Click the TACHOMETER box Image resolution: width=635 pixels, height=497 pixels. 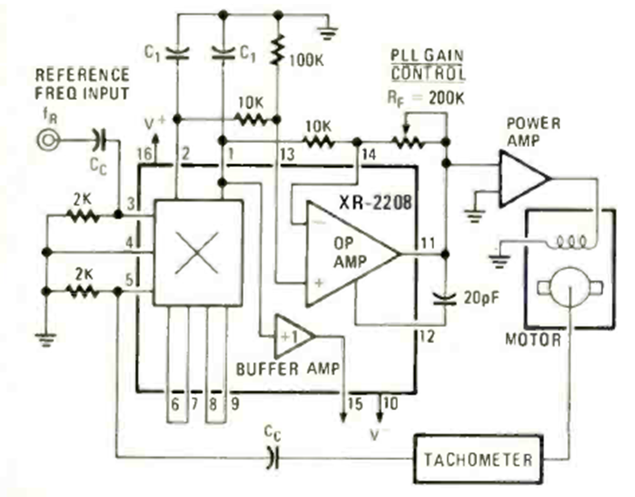coord(478,460)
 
